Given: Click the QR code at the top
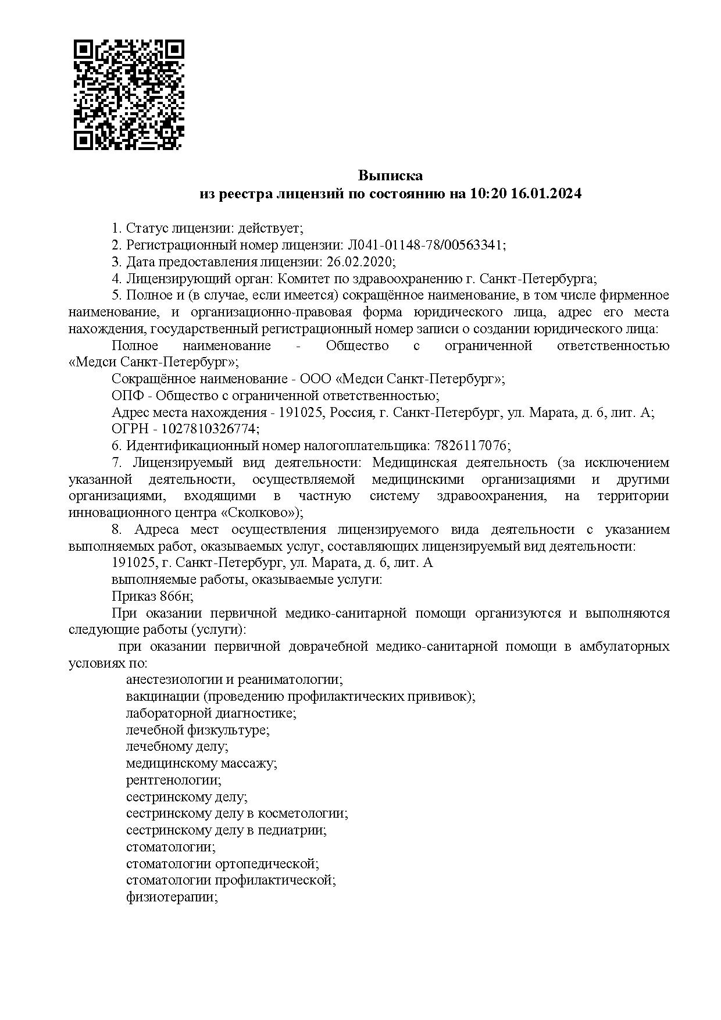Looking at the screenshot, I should (129, 94).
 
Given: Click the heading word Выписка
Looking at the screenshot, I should (390, 176).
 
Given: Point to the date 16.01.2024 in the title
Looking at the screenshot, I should (546, 194).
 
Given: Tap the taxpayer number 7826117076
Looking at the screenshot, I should (471, 446).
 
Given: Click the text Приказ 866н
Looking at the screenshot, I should (152, 597).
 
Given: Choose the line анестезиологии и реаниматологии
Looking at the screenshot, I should (234, 680).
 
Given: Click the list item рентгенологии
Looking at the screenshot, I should (173, 780).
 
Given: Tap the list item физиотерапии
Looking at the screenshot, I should (172, 897).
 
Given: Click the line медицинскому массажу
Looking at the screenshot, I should (201, 764).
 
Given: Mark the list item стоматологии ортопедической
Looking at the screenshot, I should (223, 864).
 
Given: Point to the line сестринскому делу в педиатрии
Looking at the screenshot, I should (226, 830).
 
